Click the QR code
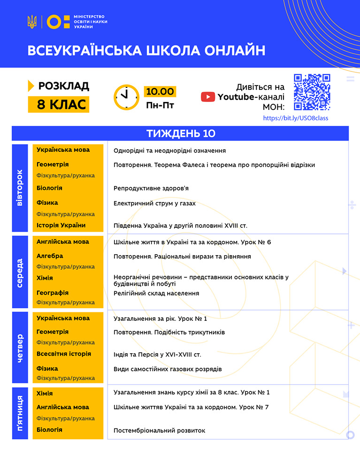click(x=312, y=92)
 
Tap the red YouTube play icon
click(x=208, y=97)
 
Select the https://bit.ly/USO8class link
click(x=296, y=118)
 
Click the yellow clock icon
click(x=126, y=97)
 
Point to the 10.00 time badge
click(x=160, y=91)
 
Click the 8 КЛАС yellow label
click(x=59, y=104)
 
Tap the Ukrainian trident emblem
click(x=32, y=22)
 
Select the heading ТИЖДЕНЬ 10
click(x=180, y=133)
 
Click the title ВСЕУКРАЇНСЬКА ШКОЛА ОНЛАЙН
click(x=146, y=51)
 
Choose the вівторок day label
click(x=19, y=187)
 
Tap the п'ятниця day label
click(x=19, y=413)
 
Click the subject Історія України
click(x=61, y=225)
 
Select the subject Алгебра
click(x=50, y=256)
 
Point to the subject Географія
click(x=53, y=293)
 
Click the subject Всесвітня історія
click(x=64, y=354)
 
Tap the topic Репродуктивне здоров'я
click(x=151, y=188)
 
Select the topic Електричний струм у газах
click(x=154, y=203)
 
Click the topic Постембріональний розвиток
click(x=159, y=430)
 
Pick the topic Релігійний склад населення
click(x=156, y=293)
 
